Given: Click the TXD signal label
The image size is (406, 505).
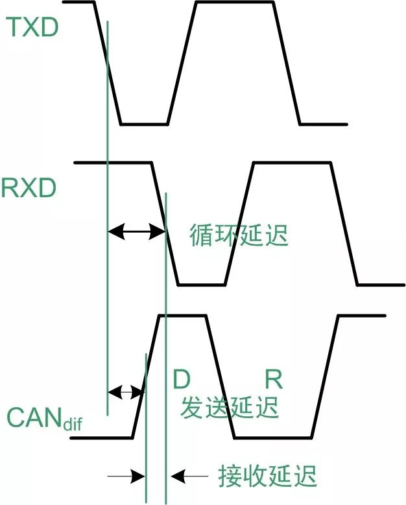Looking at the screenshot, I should (x=32, y=28).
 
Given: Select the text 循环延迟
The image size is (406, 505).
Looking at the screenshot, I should (x=239, y=235).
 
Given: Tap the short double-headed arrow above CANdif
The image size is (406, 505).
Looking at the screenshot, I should (x=125, y=392).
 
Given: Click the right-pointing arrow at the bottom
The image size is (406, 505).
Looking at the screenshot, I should (x=127, y=477).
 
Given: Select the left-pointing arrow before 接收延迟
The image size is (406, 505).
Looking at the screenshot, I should (x=189, y=477).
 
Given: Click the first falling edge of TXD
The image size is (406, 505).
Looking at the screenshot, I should (x=108, y=62).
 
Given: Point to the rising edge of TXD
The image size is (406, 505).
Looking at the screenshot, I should (x=182, y=62).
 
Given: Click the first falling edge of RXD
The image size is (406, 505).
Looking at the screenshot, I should (x=165, y=223).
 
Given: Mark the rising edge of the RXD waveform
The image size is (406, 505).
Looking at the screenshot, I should (x=239, y=223).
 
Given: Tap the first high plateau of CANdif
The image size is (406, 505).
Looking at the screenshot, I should (x=181, y=316).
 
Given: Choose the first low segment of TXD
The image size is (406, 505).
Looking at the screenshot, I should (x=144, y=123).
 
